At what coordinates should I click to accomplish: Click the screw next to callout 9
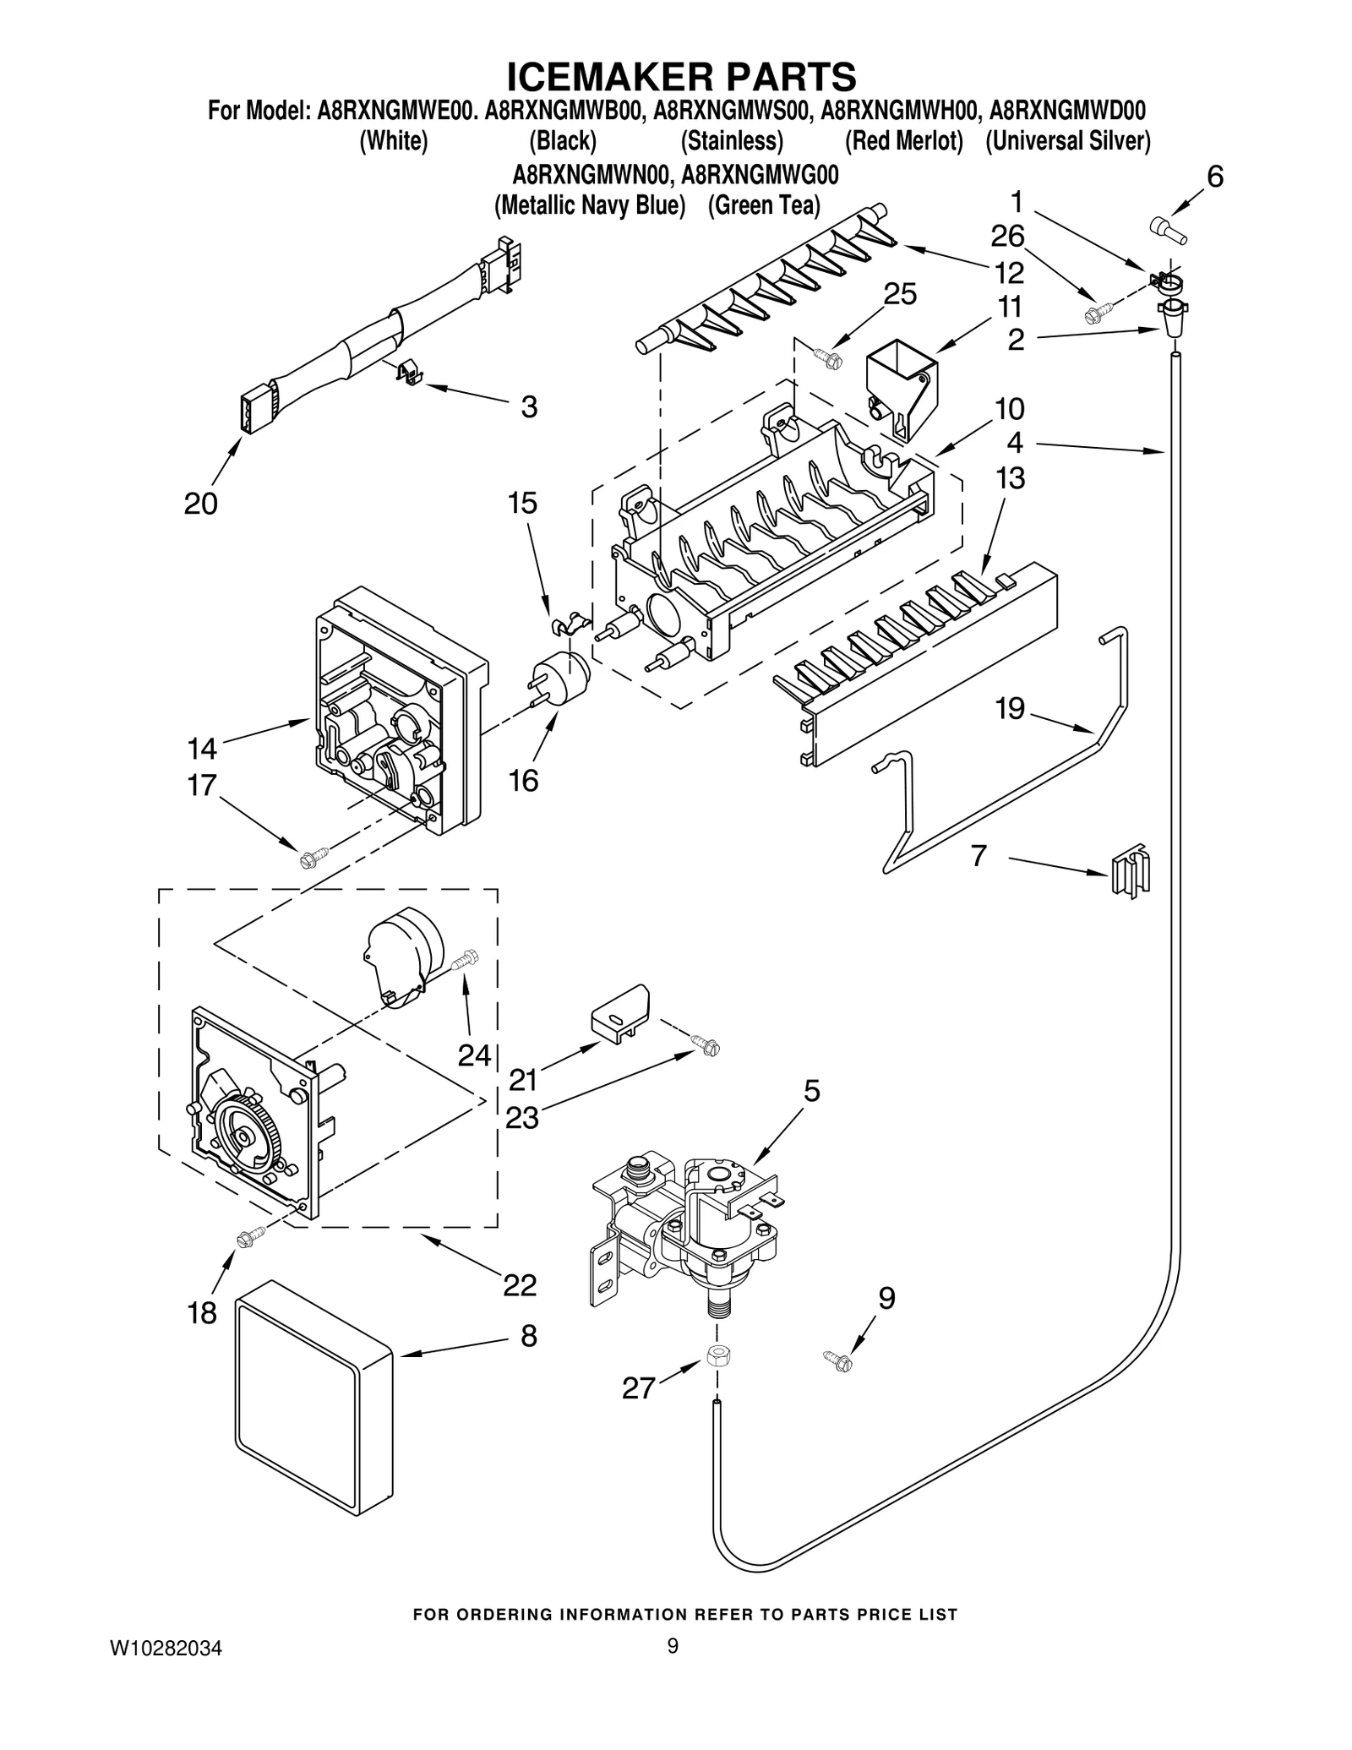coord(838,1360)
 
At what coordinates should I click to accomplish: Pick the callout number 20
coord(201,504)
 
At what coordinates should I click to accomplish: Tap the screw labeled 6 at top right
coord(1169,229)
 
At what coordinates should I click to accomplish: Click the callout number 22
coord(520,1285)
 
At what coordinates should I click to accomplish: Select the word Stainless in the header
coord(732,141)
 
